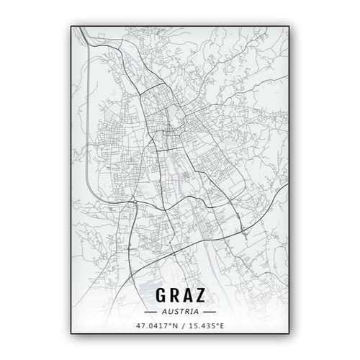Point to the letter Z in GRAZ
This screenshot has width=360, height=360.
pyautogui.click(x=206, y=297)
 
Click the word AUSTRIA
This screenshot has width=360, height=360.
pyautogui.click(x=180, y=312)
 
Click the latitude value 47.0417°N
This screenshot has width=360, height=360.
pyautogui.click(x=156, y=328)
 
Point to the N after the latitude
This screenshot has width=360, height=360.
pyautogui.click(x=174, y=328)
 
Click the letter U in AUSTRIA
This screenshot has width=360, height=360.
pyautogui.click(x=171, y=312)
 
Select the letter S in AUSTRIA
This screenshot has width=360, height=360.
pyautogui.click(x=176, y=312)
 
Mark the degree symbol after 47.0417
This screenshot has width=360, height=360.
pyautogui.click(x=169, y=325)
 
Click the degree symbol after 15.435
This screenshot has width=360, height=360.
pyautogui.click(x=217, y=325)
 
